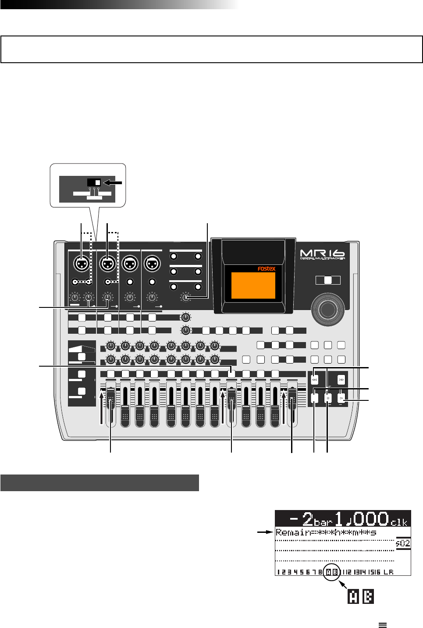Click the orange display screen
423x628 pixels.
coord(253,285)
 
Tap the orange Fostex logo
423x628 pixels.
coord(267,269)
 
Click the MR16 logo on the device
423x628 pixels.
coord(322,254)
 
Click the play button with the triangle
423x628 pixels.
coord(341,398)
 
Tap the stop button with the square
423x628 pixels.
coord(328,398)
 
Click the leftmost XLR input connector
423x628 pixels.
coord(82,264)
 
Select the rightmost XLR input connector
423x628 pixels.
coord(152,264)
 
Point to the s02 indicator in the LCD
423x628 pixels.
coord(403,543)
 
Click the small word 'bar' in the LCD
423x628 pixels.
coord(323,522)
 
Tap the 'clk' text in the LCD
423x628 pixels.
coord(398,522)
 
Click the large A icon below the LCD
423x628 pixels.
coord(353,597)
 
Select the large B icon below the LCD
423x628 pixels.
coord(368,597)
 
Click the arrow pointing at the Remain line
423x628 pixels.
coord(264,532)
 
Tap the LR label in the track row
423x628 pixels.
coord(388,572)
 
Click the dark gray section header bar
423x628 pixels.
coord(100,482)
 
